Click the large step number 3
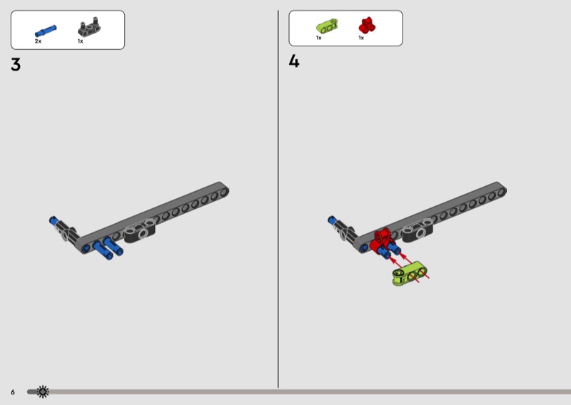pyautogui.click(x=16, y=65)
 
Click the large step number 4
pyautogui.click(x=294, y=61)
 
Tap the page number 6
pyautogui.click(x=13, y=392)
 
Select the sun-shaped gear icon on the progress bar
pyautogui.click(x=43, y=391)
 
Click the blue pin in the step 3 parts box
pyautogui.click(x=46, y=31)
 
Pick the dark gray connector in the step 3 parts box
pyautogui.click(x=89, y=27)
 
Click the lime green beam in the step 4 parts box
pyautogui.click(x=327, y=26)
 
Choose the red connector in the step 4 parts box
pyautogui.click(x=368, y=26)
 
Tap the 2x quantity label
pyautogui.click(x=39, y=41)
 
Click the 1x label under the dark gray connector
pyautogui.click(x=81, y=41)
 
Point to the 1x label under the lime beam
pyautogui.click(x=318, y=38)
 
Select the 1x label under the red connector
pyautogui.click(x=361, y=38)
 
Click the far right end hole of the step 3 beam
pyautogui.click(x=224, y=191)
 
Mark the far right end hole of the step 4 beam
pyautogui.click(x=502, y=191)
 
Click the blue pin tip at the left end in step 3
pyautogui.click(x=54, y=220)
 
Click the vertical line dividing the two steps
pyautogui.click(x=278, y=199)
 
